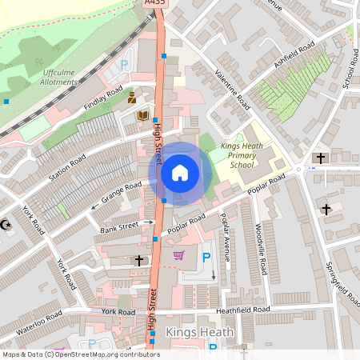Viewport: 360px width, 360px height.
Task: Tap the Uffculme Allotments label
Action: (x=60, y=77)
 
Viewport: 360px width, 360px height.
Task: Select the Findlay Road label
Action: (x=103, y=97)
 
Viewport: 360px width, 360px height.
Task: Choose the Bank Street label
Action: (x=119, y=229)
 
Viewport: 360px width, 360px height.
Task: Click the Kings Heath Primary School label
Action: (x=242, y=155)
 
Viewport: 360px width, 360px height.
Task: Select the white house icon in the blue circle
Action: (x=179, y=173)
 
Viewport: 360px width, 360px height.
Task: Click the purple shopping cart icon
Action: (x=178, y=256)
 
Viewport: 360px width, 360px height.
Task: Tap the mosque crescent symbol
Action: (x=6, y=225)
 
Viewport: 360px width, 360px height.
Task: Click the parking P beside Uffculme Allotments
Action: (x=124, y=64)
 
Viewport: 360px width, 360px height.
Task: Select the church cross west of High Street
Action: (x=139, y=261)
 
